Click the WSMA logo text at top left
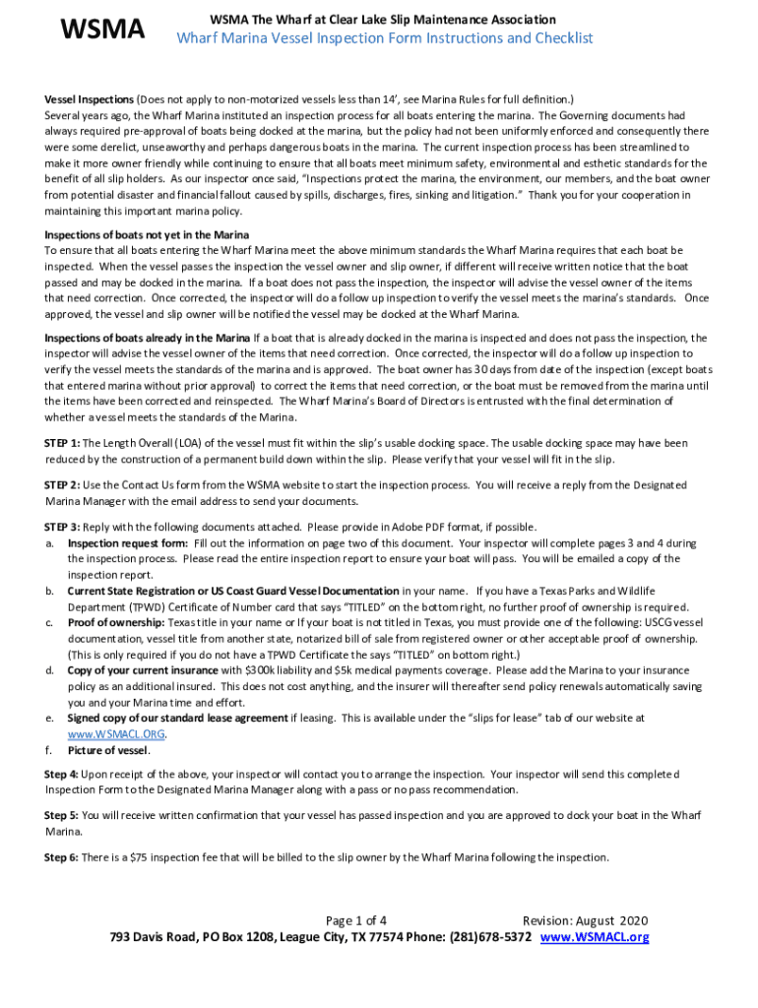[x=102, y=31]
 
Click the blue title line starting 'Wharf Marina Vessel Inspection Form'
[x=385, y=38]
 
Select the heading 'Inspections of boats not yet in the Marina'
[x=147, y=234]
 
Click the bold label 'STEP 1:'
[x=62, y=443]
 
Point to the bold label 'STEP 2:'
[x=62, y=485]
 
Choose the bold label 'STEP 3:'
[x=62, y=528]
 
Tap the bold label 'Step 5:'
[x=62, y=816]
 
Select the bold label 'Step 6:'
[x=62, y=857]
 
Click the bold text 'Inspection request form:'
[x=128, y=543]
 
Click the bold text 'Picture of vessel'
[x=106, y=750]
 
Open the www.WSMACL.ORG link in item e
[x=115, y=734]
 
